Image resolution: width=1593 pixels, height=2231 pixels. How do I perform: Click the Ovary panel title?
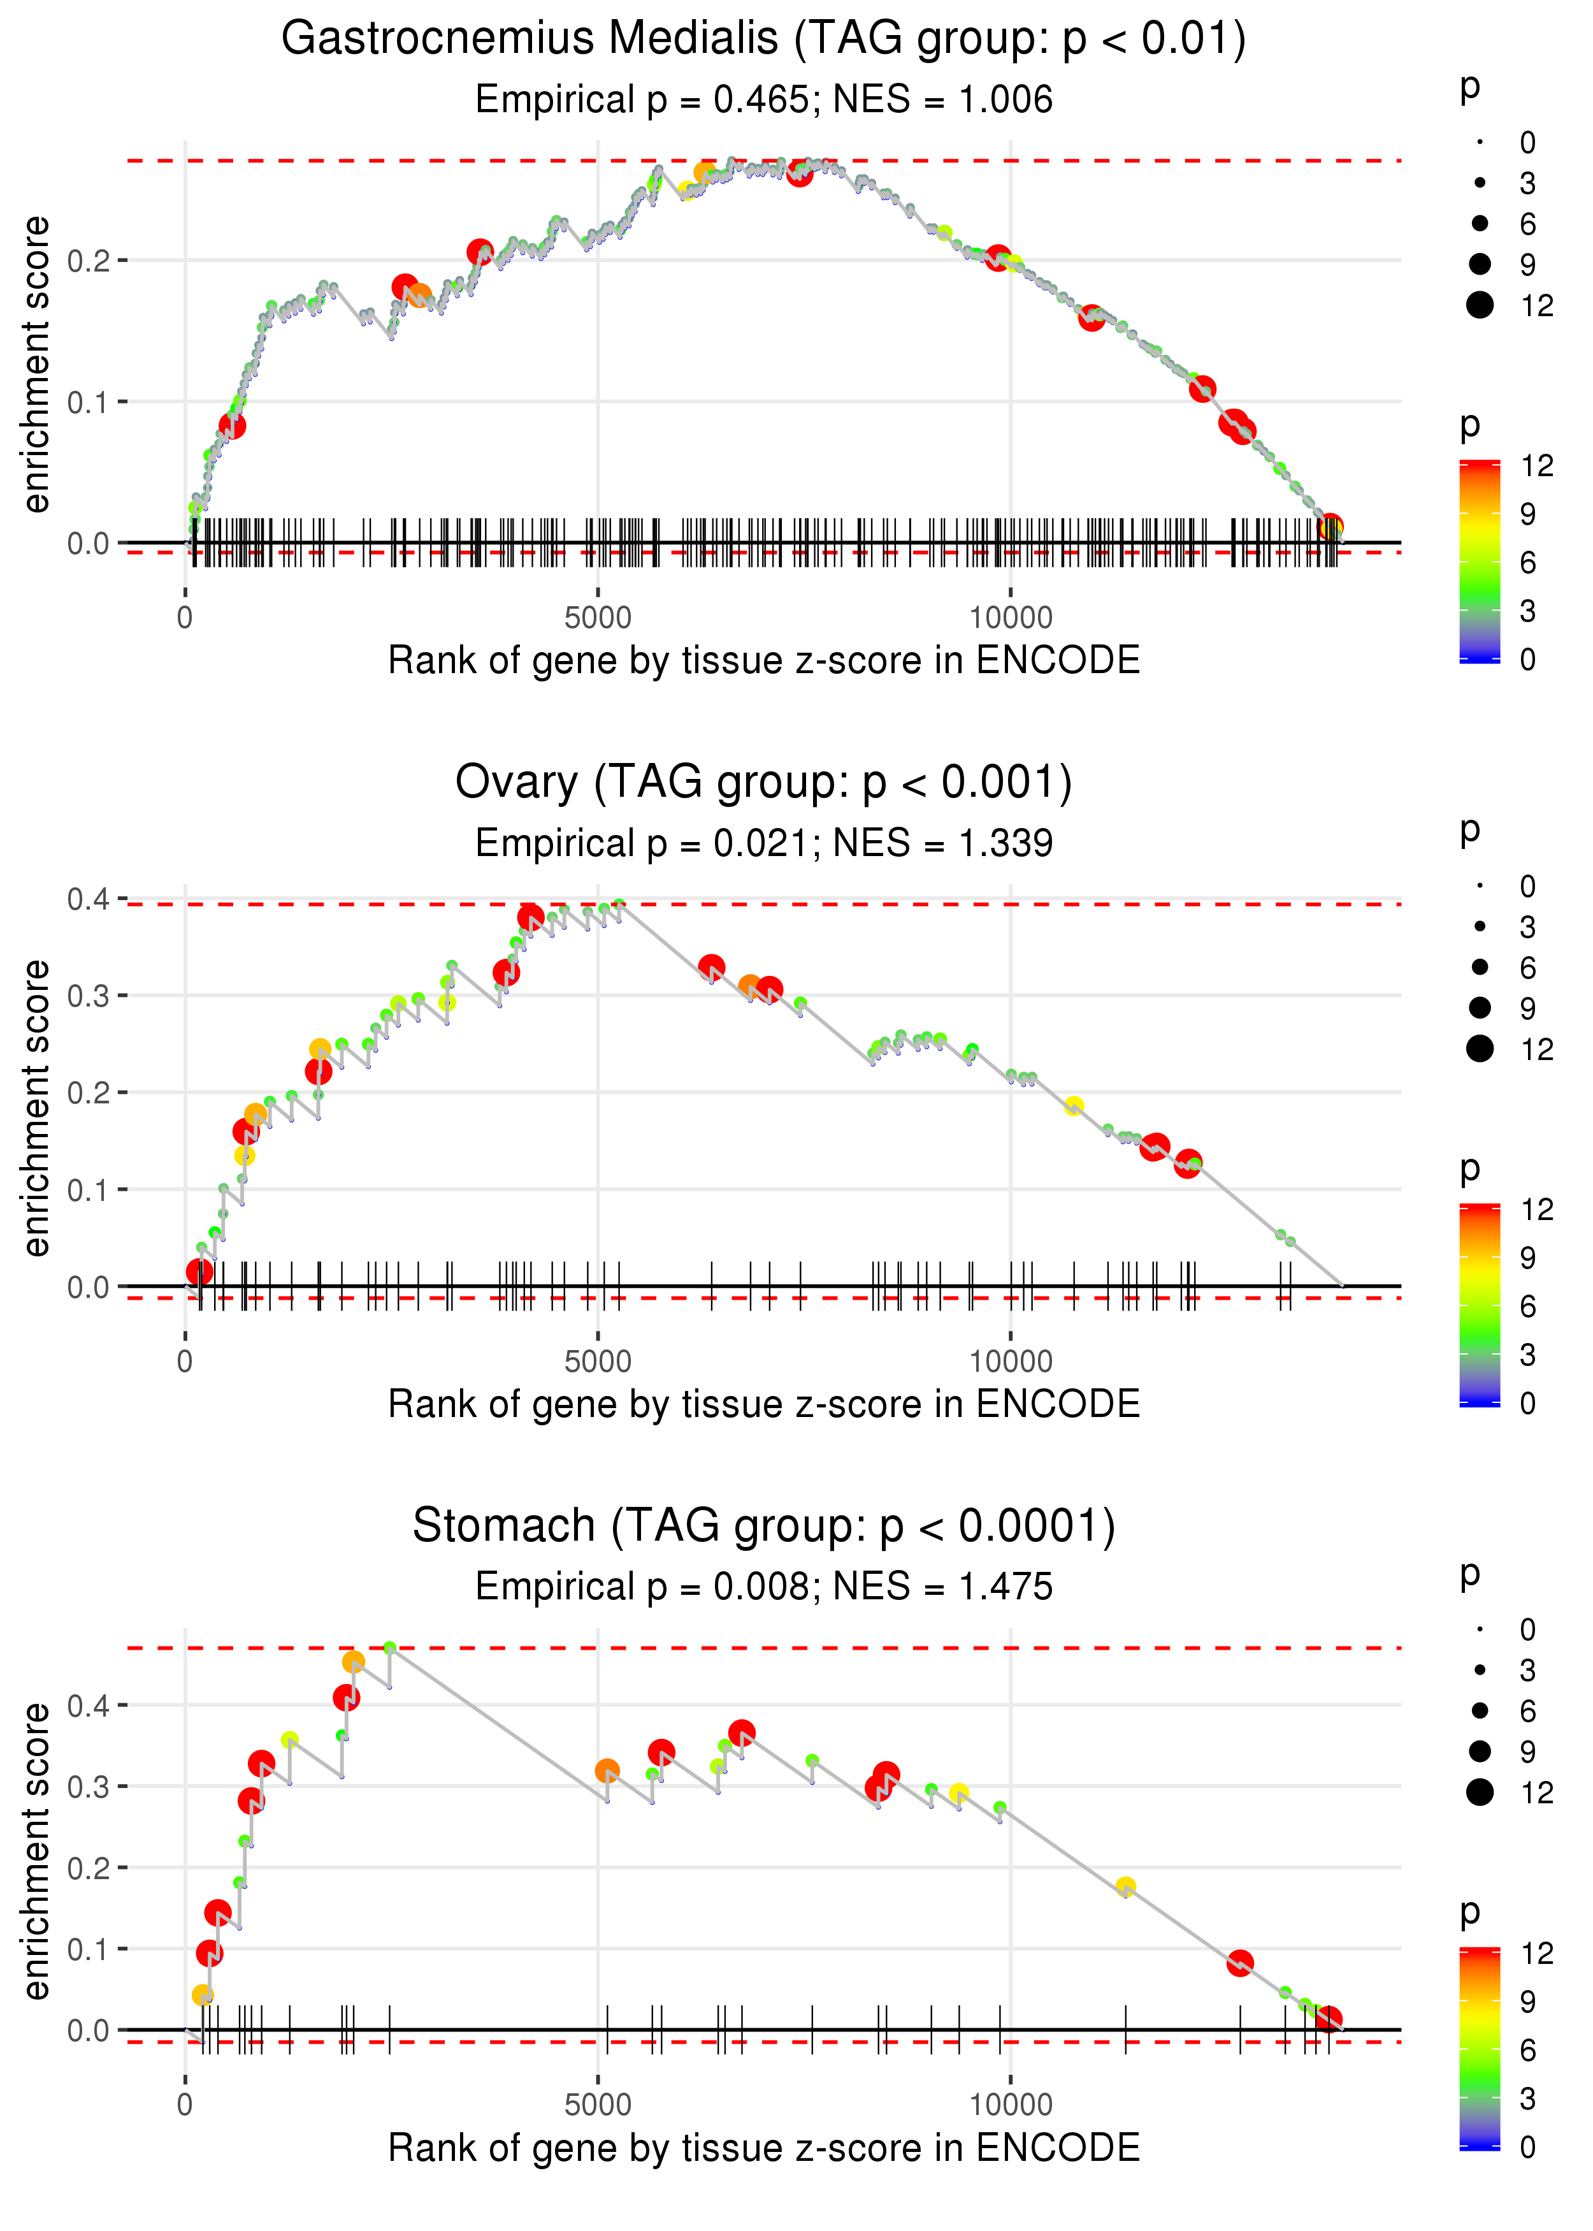763,783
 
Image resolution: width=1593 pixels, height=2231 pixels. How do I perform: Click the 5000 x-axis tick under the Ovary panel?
598,1362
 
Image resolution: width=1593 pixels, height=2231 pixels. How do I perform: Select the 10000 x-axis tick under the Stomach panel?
1011,2105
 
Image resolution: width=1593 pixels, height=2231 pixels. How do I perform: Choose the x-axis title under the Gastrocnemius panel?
763,660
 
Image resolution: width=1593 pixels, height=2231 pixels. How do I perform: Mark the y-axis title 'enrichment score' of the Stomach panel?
36,1851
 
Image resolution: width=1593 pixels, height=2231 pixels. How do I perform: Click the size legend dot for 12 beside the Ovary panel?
1479,1049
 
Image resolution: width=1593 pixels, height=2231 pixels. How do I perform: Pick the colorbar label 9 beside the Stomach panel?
1527,2002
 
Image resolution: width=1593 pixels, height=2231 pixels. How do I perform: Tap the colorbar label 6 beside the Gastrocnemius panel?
1527,563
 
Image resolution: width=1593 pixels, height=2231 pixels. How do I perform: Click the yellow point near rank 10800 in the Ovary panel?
1074,1106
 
